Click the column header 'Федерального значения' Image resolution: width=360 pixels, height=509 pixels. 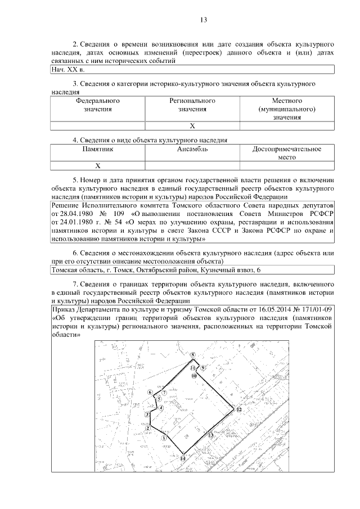pyautogui.click(x=98, y=105)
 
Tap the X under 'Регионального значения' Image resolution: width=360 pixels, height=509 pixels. pyautogui.click(x=192, y=125)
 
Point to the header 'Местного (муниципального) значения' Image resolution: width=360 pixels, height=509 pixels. pyautogui.click(x=287, y=109)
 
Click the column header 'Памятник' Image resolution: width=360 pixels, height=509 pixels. pyautogui.click(x=98, y=149)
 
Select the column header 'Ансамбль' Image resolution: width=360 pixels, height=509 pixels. pyautogui.click(x=192, y=149)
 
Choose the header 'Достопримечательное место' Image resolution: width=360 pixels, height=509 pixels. pyautogui.click(x=287, y=153)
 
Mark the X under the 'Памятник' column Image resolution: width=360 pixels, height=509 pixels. pyautogui.click(x=98, y=165)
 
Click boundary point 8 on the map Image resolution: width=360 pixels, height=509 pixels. pyautogui.click(x=192, y=355)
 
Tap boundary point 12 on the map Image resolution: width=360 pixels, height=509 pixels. pyautogui.click(x=238, y=410)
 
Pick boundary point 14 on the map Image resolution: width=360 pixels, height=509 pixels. pyautogui.click(x=182, y=458)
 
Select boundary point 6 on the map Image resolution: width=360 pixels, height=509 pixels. pyautogui.click(x=150, y=392)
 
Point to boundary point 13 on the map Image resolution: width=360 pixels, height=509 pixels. pyautogui.click(x=210, y=435)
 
